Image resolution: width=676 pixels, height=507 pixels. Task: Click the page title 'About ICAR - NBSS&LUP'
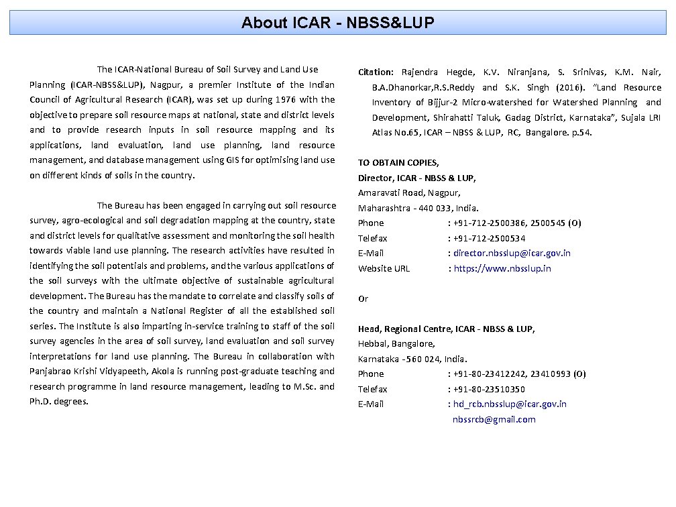point(338,23)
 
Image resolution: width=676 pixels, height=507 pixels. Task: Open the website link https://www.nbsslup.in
point(502,269)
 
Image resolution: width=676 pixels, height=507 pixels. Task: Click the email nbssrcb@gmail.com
point(494,420)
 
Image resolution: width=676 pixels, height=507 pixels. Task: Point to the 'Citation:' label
point(376,72)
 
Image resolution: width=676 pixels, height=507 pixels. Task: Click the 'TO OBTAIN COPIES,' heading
point(398,163)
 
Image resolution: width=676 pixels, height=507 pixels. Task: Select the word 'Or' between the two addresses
point(363,299)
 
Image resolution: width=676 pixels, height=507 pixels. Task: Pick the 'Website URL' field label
point(384,269)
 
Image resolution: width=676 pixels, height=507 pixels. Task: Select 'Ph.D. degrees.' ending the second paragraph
point(59,402)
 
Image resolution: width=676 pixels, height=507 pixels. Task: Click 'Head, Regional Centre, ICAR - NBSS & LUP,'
point(446,329)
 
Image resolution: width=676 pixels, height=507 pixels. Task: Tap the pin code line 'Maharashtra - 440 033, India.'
point(418,208)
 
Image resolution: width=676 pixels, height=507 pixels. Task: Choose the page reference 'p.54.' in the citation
point(581,133)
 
